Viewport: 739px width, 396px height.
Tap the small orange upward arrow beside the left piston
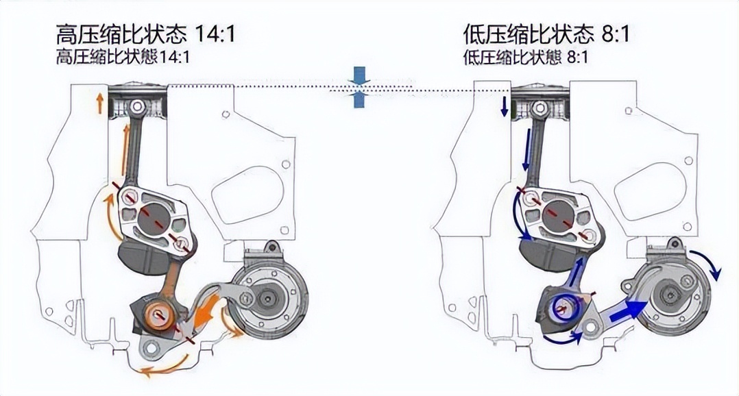[x=100, y=103]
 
